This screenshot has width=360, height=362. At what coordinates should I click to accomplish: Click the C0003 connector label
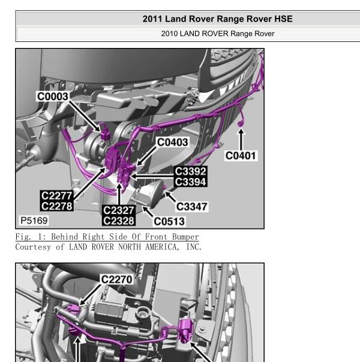click(x=53, y=96)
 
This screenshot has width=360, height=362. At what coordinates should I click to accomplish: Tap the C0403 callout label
click(x=172, y=142)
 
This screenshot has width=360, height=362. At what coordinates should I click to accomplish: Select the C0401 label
click(x=241, y=156)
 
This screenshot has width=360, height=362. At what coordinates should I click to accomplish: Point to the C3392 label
click(x=190, y=171)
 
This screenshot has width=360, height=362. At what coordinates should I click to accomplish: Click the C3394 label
click(x=190, y=182)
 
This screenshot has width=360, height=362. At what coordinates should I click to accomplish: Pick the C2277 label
click(x=56, y=196)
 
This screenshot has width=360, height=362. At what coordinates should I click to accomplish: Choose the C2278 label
click(x=56, y=206)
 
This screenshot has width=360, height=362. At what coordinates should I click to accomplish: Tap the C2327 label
click(x=119, y=210)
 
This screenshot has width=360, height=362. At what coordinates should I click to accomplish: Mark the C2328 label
click(x=119, y=221)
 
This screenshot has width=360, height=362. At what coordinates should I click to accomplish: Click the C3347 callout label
click(x=192, y=207)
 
